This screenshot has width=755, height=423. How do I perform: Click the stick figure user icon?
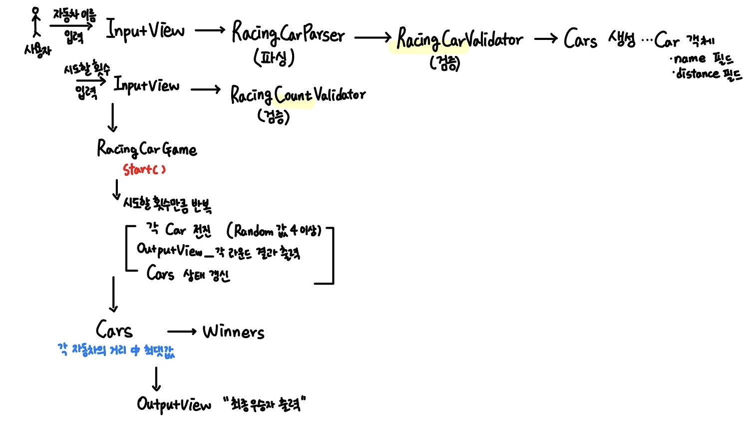coord(35,22)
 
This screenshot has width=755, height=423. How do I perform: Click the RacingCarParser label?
coord(288,33)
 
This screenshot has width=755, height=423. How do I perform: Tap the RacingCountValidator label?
coord(298,94)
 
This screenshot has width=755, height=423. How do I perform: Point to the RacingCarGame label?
coord(147,149)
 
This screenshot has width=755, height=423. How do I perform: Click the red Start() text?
coord(144,170)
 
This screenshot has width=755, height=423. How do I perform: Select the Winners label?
coord(234,332)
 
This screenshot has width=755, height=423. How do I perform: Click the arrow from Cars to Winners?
coord(182,332)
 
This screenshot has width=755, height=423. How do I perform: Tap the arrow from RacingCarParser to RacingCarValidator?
coord(373,37)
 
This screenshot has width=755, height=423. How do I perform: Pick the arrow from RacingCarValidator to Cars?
coord(545,38)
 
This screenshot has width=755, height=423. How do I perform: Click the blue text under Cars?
coord(116,350)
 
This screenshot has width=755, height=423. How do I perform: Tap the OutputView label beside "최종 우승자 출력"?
coord(174,404)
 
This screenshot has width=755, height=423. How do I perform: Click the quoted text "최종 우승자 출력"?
coord(264,404)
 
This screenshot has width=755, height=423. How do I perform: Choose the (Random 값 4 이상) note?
coord(274,230)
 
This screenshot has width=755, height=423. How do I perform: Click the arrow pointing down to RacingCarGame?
coord(113,118)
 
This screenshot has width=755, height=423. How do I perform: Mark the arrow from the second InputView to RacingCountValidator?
coord(205,90)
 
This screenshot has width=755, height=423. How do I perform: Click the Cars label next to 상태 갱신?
coord(160,273)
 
